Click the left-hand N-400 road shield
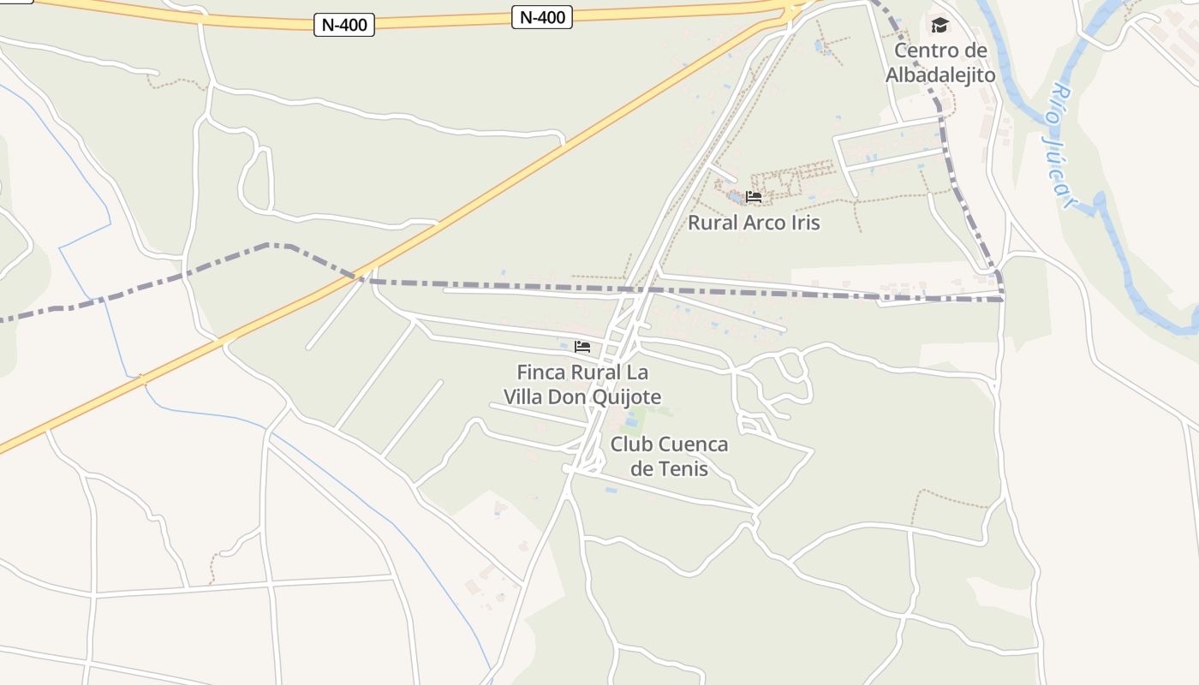(x=345, y=25)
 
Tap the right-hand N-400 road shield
(x=542, y=16)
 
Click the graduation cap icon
(x=940, y=25)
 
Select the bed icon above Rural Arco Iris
(x=754, y=197)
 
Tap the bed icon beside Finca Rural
(x=582, y=347)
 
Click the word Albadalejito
(x=940, y=75)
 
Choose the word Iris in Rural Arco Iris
(x=803, y=223)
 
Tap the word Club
(x=630, y=444)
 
